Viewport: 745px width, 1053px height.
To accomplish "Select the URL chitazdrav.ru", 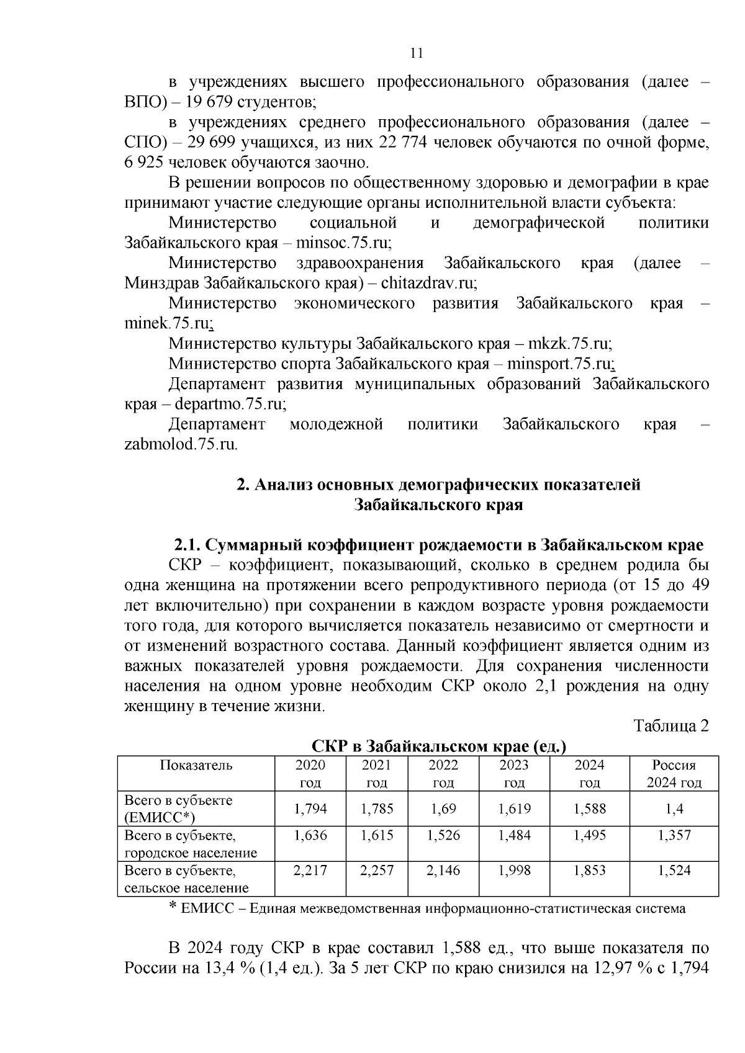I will point(428,283).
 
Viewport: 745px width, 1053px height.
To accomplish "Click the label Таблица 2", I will point(670,725).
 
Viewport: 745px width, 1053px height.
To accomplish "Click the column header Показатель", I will point(196,765).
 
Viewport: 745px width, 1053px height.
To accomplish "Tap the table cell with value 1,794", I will point(310,809).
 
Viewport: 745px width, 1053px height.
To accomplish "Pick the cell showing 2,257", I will point(377,871).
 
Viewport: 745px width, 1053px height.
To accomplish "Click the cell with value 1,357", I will point(674,835).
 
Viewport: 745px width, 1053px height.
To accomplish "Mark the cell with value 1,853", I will point(589,871).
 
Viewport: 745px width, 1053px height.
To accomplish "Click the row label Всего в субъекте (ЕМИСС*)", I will point(179,809).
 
